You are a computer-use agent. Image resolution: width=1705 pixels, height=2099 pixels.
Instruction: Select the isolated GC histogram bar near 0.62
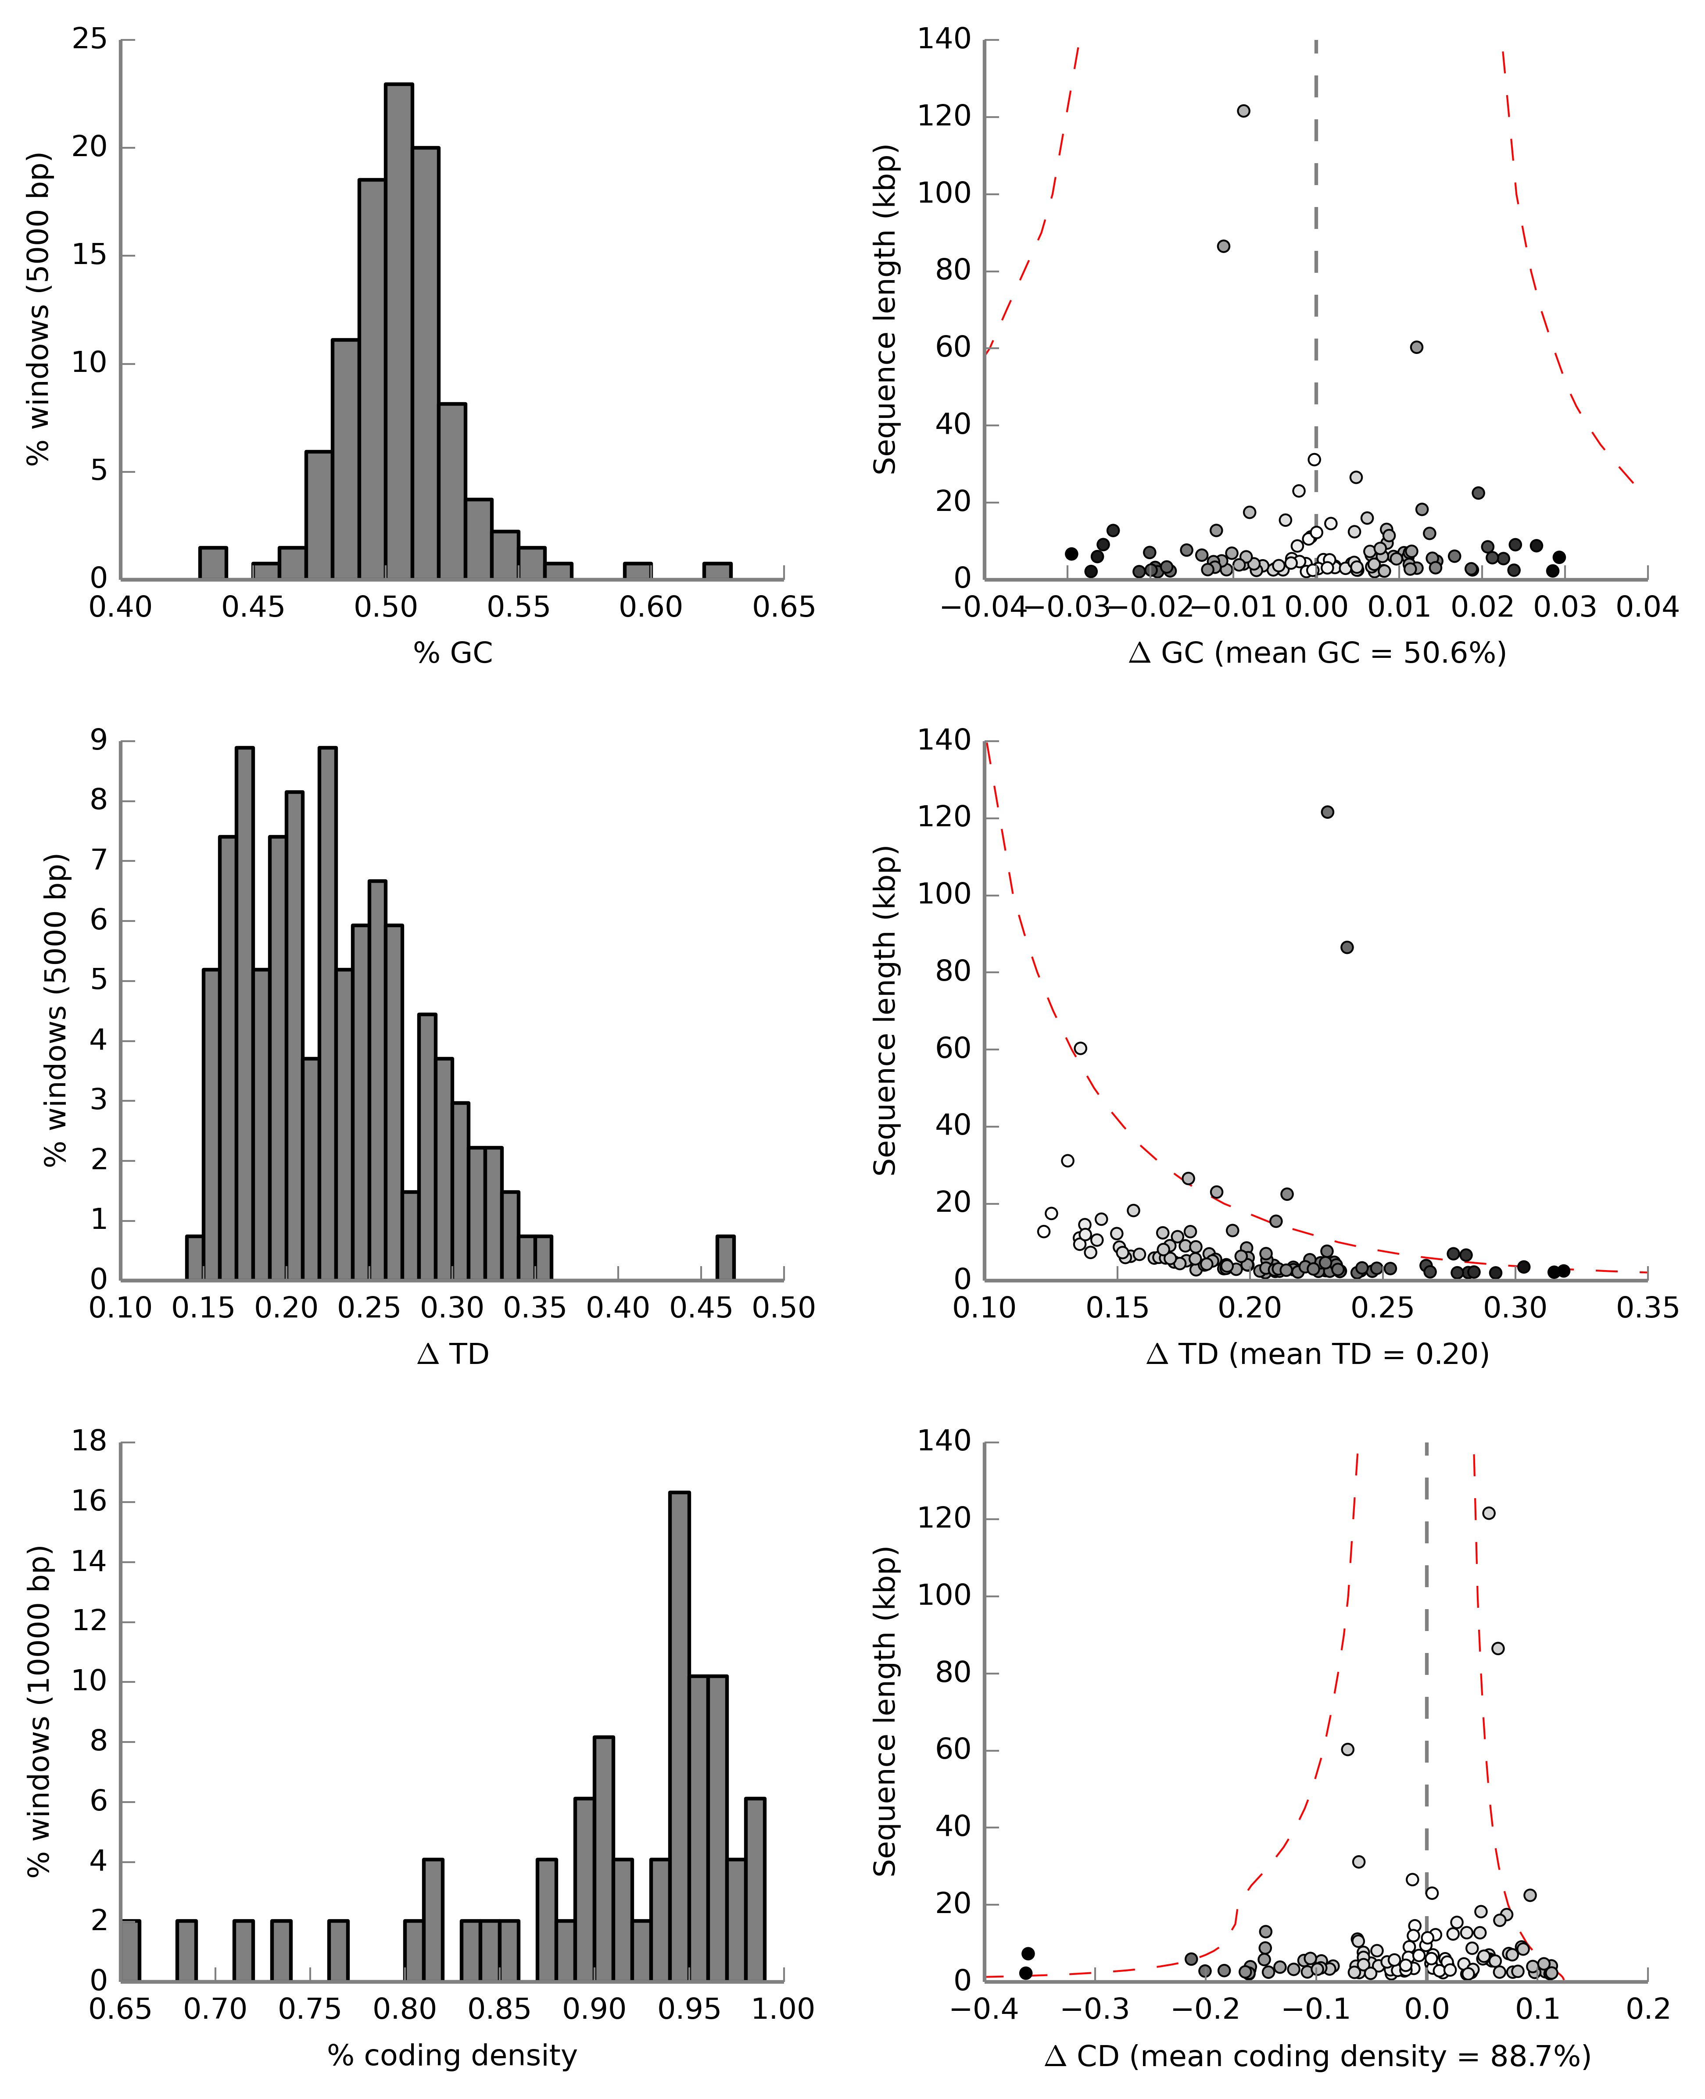[x=717, y=571]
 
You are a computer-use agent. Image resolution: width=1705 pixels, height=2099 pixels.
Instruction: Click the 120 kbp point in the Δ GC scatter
[x=1243, y=111]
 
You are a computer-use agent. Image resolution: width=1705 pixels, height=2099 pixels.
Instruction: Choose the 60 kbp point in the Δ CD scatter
[x=1347, y=1749]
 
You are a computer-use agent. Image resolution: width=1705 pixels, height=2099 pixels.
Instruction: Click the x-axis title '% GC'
[x=453, y=653]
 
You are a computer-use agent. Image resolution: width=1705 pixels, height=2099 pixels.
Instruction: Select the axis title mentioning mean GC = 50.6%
[x=1317, y=653]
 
